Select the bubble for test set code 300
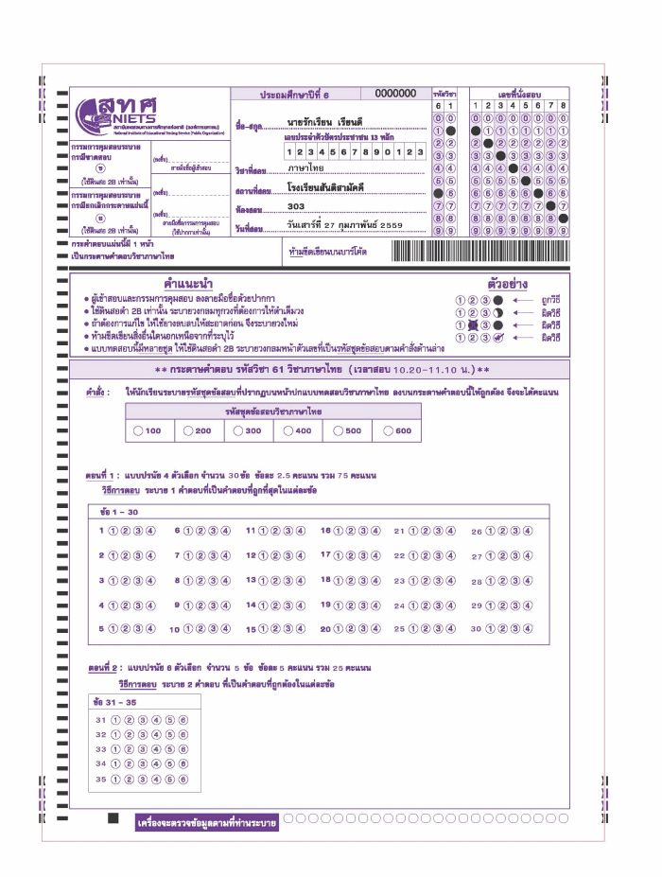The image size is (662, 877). point(235,430)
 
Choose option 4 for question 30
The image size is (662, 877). point(527,628)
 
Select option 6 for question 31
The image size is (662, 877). point(183,720)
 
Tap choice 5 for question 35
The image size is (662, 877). point(170,780)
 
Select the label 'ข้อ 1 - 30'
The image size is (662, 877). point(119,511)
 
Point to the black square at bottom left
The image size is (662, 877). point(113,817)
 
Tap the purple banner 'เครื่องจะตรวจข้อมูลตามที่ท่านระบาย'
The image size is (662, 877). point(206,823)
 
